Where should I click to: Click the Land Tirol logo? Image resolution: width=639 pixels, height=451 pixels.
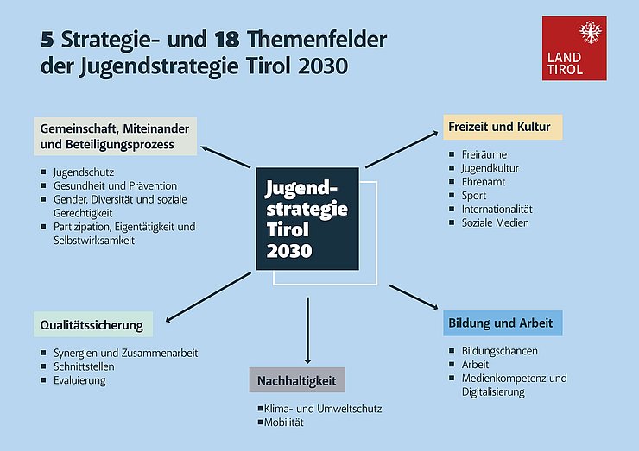click(573, 48)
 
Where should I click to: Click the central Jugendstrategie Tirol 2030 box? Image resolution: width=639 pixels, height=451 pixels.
click(307, 219)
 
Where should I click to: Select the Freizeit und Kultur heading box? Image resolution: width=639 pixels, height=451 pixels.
click(503, 128)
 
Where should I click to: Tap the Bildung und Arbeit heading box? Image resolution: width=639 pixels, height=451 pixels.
click(504, 323)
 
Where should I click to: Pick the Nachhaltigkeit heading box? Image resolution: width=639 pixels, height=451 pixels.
click(298, 380)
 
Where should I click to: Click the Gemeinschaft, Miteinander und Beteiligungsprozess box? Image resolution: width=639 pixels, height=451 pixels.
click(116, 136)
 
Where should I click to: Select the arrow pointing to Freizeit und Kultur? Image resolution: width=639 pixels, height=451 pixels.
click(402, 149)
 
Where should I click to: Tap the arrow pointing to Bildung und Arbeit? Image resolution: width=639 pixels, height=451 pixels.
click(414, 297)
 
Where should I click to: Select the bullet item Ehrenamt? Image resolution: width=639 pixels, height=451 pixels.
click(484, 182)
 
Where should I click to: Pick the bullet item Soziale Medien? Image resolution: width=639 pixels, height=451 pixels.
click(495, 223)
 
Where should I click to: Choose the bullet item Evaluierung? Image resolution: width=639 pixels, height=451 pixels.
click(79, 380)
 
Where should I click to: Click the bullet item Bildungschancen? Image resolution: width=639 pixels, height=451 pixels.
click(499, 351)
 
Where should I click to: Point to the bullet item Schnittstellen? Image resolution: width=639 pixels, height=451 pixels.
click(84, 366)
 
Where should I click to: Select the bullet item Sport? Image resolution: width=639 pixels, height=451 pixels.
click(474, 196)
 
